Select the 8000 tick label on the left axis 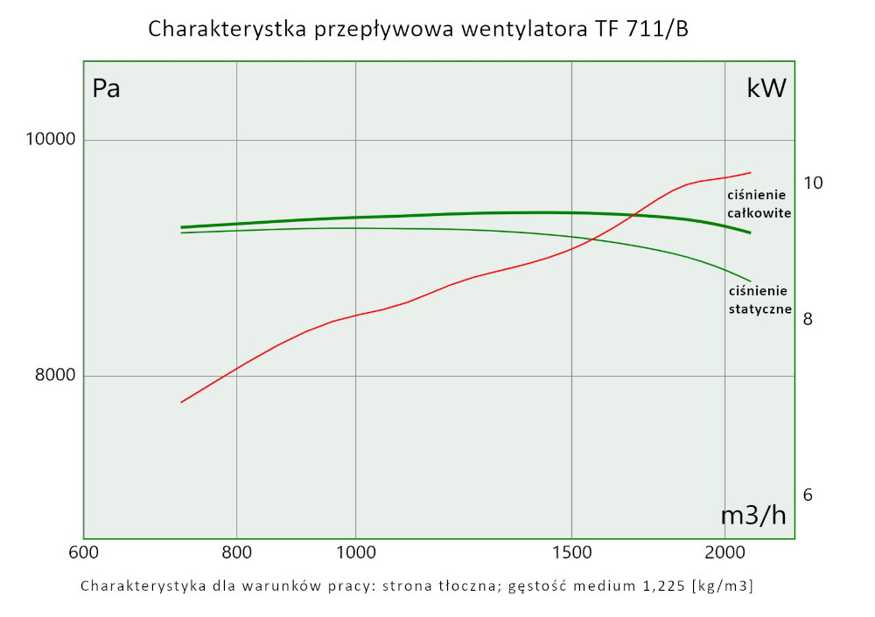click(x=55, y=377)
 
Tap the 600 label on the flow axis click(x=83, y=552)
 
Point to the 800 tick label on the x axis click(x=237, y=552)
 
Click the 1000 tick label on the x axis click(x=355, y=552)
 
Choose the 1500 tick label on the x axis click(x=570, y=552)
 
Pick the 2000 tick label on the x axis click(x=724, y=552)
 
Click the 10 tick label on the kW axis click(x=813, y=183)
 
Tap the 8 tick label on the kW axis click(x=808, y=320)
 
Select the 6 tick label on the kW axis click(x=808, y=495)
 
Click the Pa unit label click(x=106, y=88)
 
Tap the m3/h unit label click(x=752, y=516)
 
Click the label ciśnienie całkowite click(x=759, y=205)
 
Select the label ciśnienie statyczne click(x=759, y=300)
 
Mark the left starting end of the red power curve click(x=181, y=402)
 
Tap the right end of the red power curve click(x=751, y=172)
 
